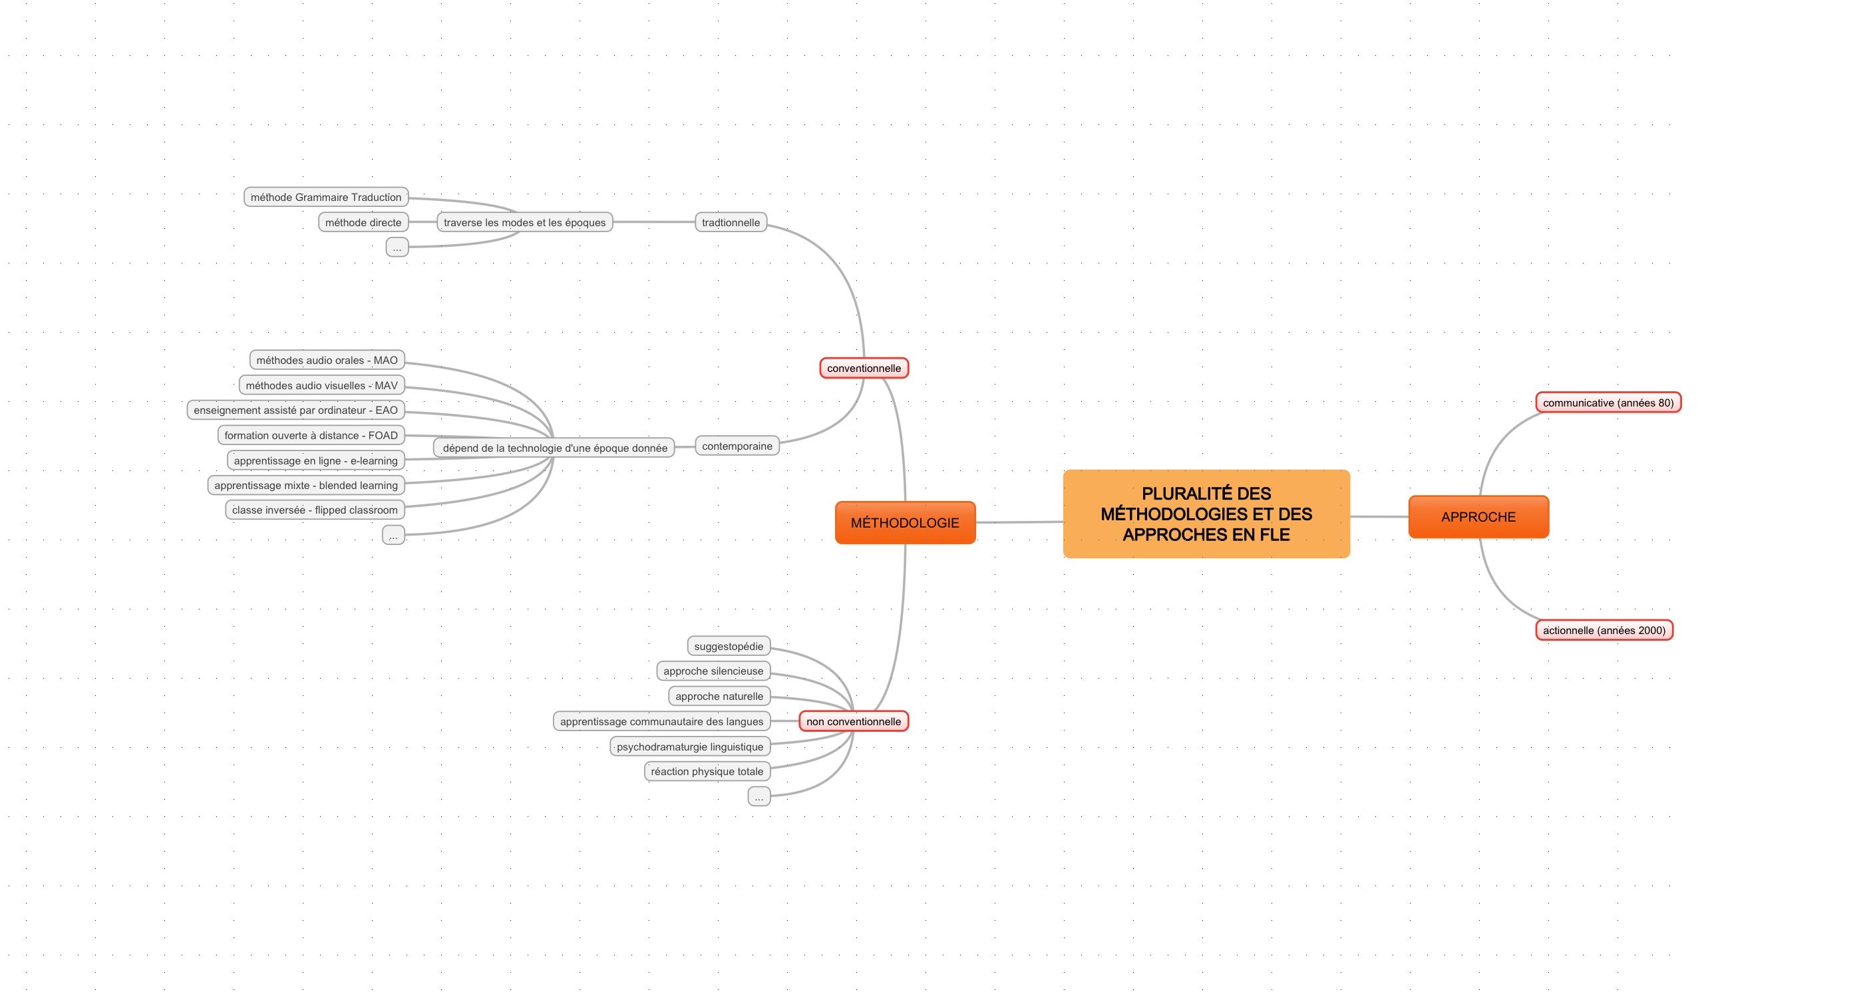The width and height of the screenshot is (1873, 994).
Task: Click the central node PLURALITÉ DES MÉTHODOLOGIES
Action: click(1206, 514)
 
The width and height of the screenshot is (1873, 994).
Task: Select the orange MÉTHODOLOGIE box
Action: click(906, 523)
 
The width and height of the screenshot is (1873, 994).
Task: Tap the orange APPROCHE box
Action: click(1479, 517)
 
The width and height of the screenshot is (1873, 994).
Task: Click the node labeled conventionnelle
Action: click(864, 368)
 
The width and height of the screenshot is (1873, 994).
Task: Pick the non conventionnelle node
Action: click(854, 721)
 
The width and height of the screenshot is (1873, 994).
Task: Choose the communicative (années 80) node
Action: click(1608, 403)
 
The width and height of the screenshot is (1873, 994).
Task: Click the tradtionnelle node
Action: click(731, 222)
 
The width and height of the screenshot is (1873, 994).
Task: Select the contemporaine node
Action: click(737, 446)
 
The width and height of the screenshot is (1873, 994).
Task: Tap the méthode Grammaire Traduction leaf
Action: click(326, 197)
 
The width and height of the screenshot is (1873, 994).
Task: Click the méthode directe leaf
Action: click(363, 222)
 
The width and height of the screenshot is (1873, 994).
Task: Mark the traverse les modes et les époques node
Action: click(525, 222)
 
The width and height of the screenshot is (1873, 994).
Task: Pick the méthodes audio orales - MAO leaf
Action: click(327, 360)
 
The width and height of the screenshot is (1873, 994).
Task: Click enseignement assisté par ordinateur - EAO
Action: click(296, 410)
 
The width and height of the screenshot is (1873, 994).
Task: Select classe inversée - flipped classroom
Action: click(315, 510)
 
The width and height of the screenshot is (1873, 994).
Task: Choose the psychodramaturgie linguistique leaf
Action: click(690, 746)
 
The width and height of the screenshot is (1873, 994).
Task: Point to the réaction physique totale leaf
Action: click(707, 772)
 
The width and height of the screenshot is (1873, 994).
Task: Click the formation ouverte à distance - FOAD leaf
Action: click(311, 436)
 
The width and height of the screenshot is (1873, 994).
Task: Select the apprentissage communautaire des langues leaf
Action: click(661, 721)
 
